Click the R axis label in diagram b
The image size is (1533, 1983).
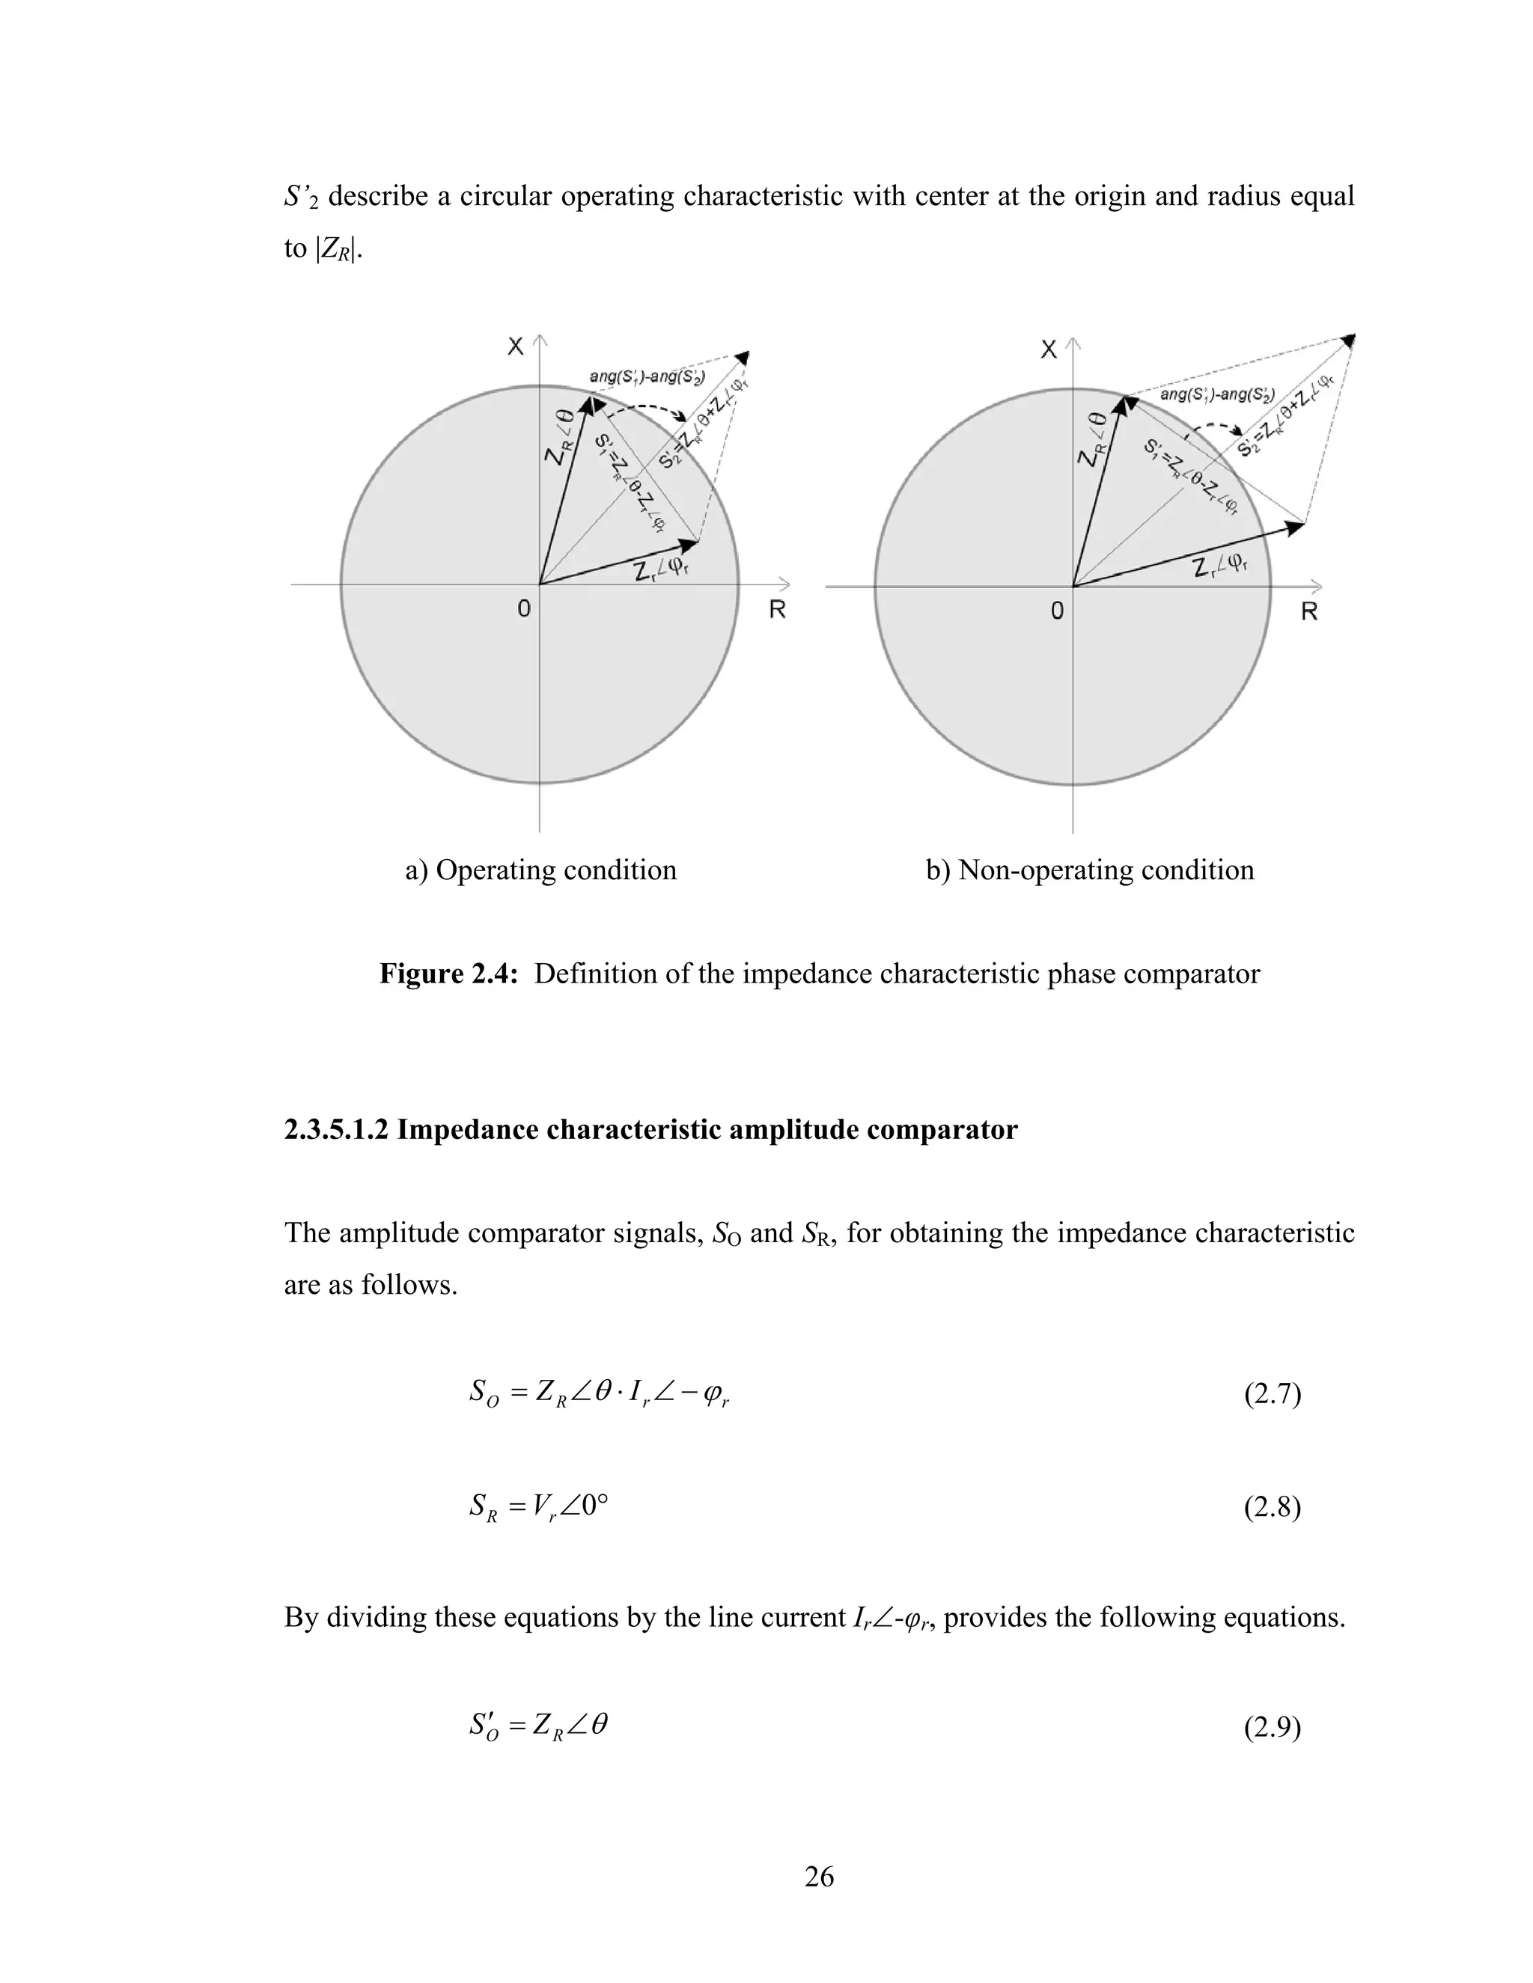(1308, 612)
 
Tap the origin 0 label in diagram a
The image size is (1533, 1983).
(524, 609)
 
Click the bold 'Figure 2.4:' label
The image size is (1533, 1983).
(448, 974)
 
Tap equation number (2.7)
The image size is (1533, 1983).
(1272, 1394)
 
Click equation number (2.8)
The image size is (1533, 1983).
(1272, 1507)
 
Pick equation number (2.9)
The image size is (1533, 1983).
(1272, 1728)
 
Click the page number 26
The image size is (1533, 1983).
(819, 1876)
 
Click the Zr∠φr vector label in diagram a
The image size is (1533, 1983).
(661, 571)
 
